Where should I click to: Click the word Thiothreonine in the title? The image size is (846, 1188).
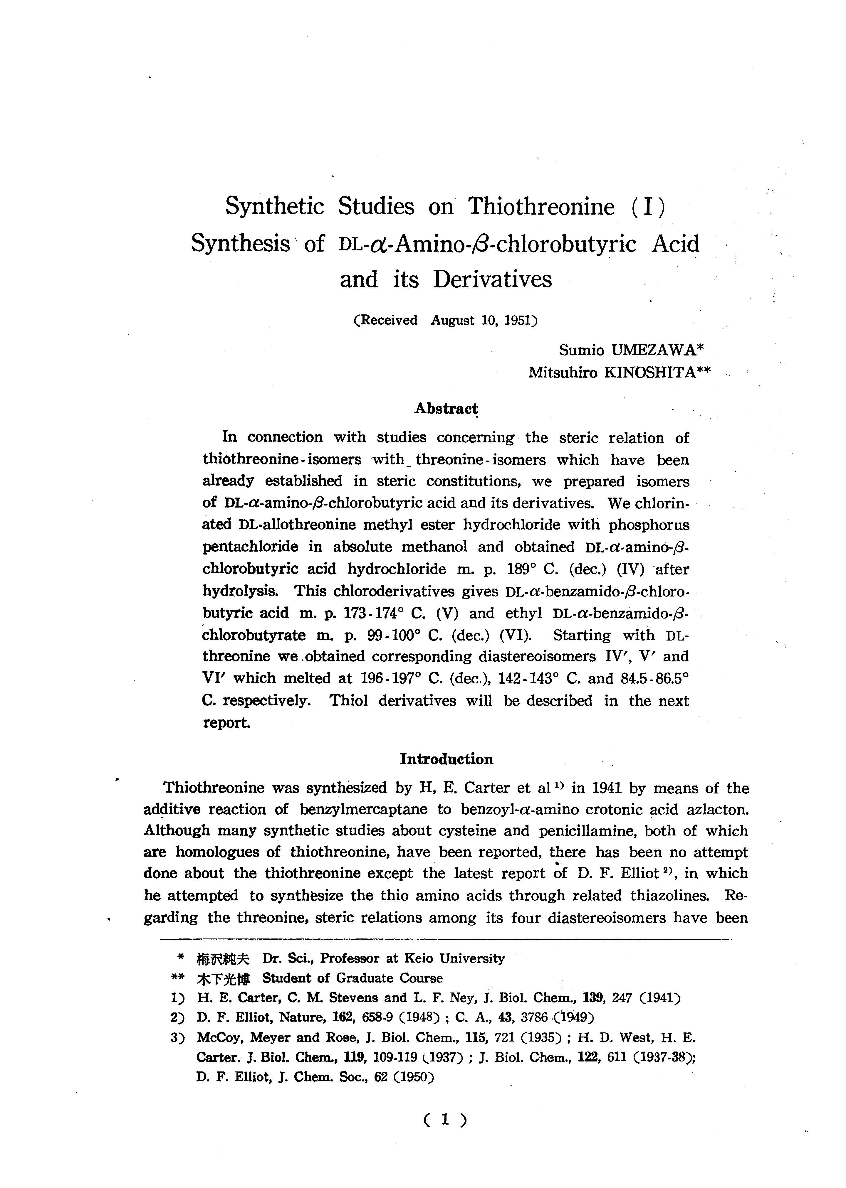coord(541,207)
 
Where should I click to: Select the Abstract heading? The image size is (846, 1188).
coord(446,409)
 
